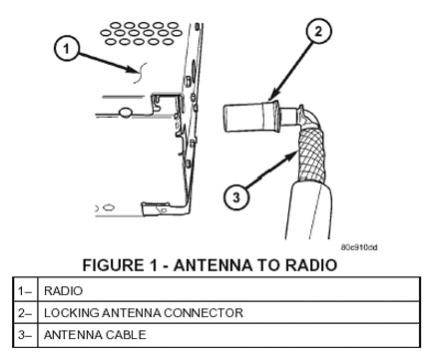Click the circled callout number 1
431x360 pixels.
tap(67, 49)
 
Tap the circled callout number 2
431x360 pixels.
tap(318, 31)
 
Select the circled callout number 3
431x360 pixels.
tap(236, 197)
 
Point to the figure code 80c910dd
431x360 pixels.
tap(359, 247)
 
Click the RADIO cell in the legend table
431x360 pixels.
tap(63, 291)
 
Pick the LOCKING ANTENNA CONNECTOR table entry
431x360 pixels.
tap(144, 313)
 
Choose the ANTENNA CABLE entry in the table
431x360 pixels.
tap(95, 335)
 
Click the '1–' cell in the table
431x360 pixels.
tap(25, 291)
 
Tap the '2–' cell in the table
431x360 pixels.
tap(25, 313)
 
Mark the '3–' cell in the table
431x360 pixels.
tap(25, 335)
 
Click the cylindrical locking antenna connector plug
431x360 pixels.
tap(252, 118)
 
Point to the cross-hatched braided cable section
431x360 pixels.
tap(312, 155)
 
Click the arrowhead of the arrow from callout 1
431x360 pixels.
tap(132, 70)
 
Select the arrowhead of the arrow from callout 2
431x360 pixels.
tap(273, 96)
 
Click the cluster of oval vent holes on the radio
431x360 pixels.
tap(142, 33)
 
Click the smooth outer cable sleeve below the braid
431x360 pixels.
tap(308, 211)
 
